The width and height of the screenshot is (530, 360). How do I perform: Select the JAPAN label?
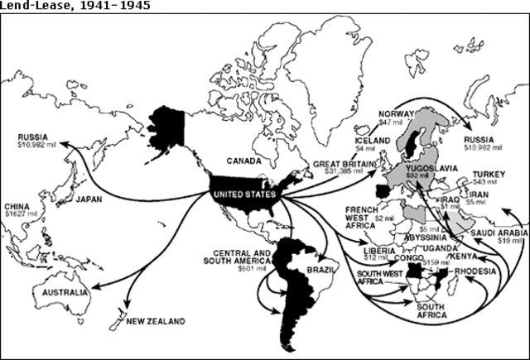(88, 199)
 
